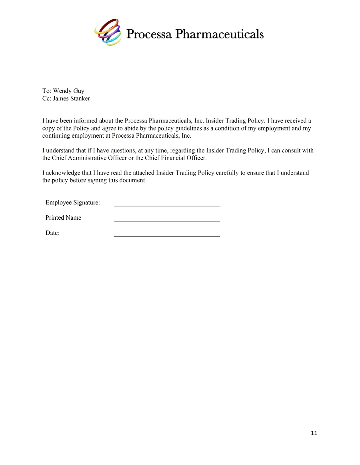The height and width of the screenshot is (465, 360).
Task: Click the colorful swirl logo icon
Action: point(108,32)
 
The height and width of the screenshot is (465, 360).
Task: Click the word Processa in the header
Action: point(149,34)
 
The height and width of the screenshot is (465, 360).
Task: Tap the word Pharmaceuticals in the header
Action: point(220,34)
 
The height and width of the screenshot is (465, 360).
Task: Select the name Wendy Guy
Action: point(68,91)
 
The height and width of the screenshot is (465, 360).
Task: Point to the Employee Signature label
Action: point(72,202)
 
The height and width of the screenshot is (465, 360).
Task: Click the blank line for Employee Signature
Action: point(167,205)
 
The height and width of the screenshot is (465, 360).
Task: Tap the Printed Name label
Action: point(63,218)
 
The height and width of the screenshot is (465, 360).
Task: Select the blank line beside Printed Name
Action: point(167,220)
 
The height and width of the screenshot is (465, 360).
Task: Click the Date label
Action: point(52,233)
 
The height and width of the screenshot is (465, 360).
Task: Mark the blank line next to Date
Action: point(167,236)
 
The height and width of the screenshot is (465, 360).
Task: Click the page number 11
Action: point(314,433)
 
